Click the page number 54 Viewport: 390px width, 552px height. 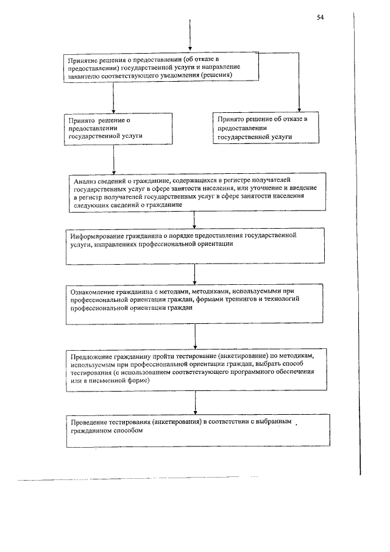tap(320, 17)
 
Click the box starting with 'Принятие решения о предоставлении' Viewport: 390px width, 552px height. tap(162, 66)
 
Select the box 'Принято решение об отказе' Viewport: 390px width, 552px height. tap(264, 128)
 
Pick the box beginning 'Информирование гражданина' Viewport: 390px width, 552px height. tap(194, 246)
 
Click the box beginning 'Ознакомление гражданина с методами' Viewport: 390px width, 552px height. tap(194, 304)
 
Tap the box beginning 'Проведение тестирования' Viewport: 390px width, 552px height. tap(197, 431)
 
